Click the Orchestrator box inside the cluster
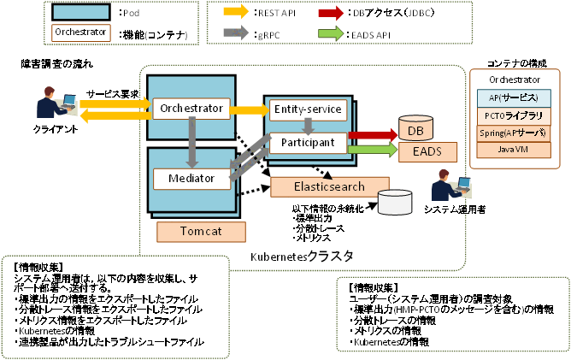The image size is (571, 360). (191, 109)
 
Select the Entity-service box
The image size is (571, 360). (308, 109)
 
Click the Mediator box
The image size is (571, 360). (191, 179)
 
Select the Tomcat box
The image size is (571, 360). (201, 232)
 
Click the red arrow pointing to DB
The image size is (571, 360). (370, 135)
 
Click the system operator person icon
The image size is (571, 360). (444, 186)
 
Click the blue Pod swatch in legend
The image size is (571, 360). (79, 13)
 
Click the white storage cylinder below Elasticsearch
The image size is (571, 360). (395, 203)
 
